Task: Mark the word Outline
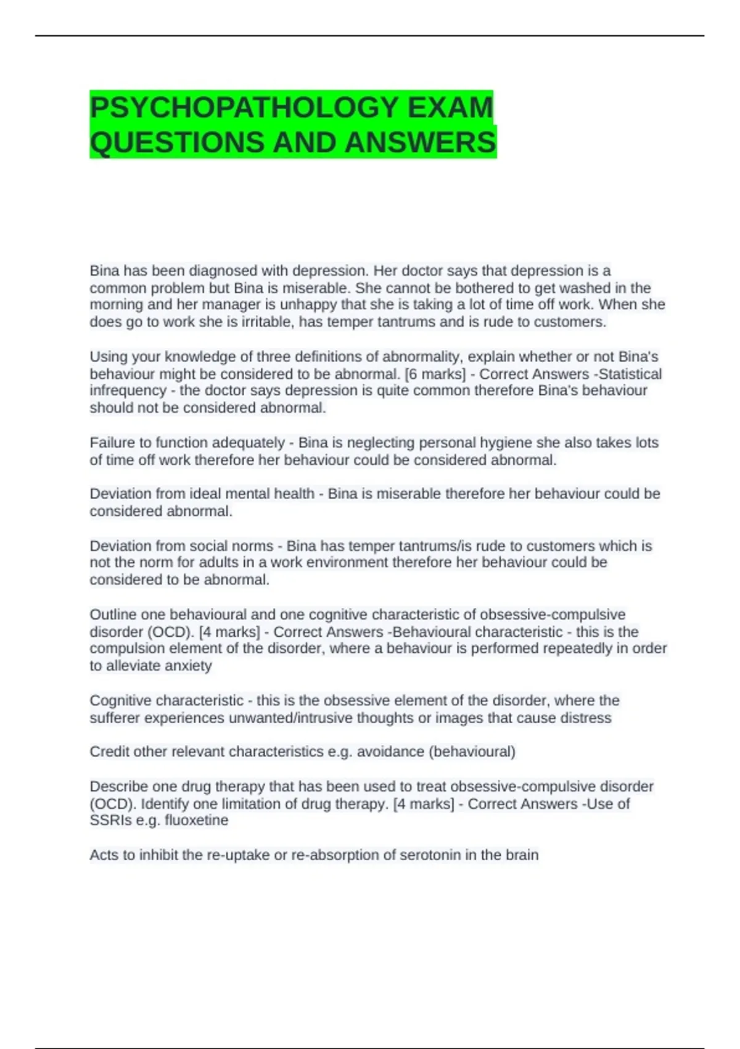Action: [x=113, y=615]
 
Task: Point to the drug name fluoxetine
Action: [x=196, y=821]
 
